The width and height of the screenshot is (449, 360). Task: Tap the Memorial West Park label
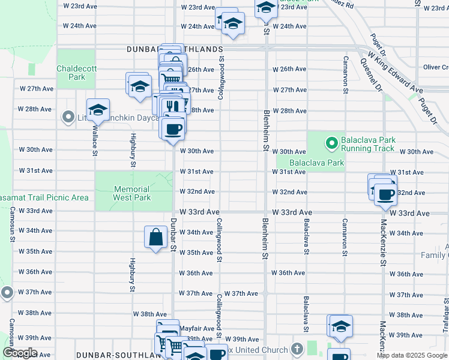[131, 193]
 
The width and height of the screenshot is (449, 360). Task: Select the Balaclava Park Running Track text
[367, 144]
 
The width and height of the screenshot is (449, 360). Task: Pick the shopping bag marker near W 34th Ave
[155, 237]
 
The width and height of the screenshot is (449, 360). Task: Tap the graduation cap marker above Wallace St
[98, 110]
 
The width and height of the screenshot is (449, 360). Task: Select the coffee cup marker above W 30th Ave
[173, 128]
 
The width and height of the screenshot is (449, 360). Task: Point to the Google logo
[19, 353]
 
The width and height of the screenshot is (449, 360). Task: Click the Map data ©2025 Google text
[411, 355]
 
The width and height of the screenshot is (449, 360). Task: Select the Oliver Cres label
[435, 67]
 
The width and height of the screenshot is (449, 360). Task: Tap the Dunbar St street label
[173, 235]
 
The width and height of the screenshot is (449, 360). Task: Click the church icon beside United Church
[297, 349]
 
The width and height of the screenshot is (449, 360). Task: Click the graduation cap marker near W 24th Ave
[233, 24]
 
